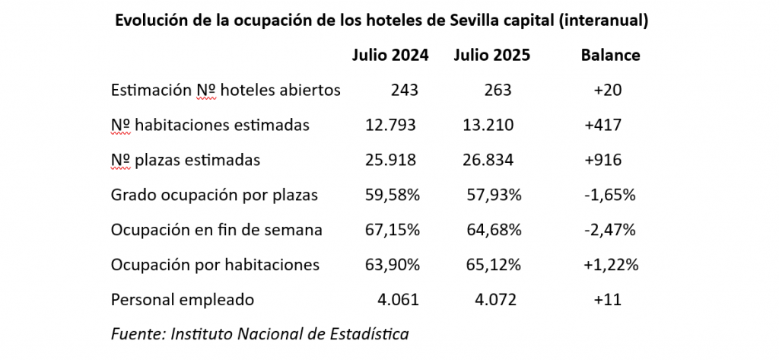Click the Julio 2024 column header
click(390, 56)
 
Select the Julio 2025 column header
click(491, 56)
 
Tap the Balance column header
click(610, 56)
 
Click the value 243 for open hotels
click(405, 91)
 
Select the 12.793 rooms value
click(392, 126)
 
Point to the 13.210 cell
click(488, 126)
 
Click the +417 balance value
click(603, 126)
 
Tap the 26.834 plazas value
click(488, 161)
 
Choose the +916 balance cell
click(603, 161)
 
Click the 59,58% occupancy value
click(393, 196)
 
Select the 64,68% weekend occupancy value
click(494, 231)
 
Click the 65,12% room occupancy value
click(494, 266)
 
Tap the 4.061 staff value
click(399, 300)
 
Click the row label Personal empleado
click(183, 300)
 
